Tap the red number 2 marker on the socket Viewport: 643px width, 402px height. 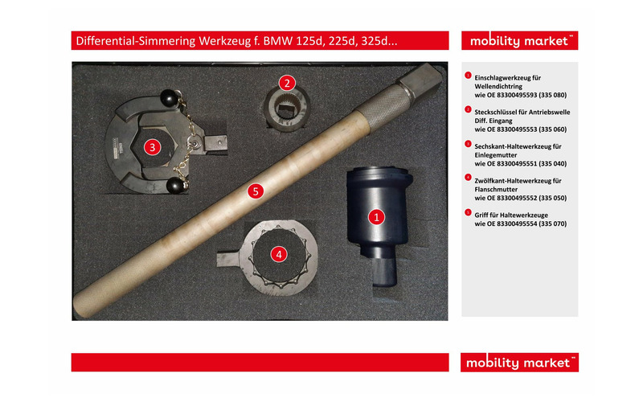click(287, 82)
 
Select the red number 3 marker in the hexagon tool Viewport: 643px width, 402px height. click(150, 146)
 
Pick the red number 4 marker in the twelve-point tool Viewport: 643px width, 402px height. click(278, 253)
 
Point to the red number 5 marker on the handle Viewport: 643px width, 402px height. click(255, 191)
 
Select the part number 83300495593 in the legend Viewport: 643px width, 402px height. click(525, 92)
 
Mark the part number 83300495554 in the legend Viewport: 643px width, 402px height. click(525, 223)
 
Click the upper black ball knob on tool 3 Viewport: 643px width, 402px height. click(169, 97)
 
